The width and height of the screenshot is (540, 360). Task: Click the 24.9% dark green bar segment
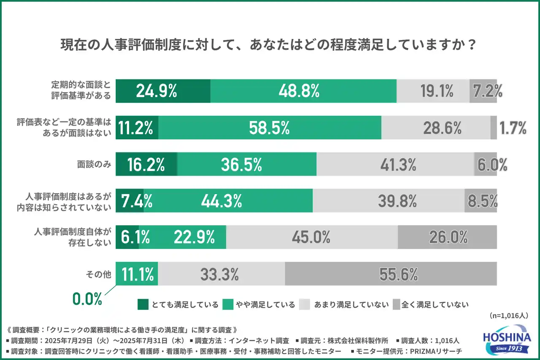163,91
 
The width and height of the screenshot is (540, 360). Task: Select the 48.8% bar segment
303,91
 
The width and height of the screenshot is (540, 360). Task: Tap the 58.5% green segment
270,127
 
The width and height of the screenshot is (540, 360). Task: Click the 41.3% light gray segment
395,164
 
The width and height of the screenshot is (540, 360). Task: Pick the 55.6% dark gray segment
391,273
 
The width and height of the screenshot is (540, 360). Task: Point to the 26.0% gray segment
447,237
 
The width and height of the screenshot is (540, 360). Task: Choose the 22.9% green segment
194,237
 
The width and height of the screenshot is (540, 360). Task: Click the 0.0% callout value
87,299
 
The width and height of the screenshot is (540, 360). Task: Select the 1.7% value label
513,127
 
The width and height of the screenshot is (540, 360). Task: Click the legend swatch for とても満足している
143,304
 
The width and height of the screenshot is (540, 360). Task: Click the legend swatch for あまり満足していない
305,304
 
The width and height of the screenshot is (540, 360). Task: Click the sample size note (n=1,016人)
509,315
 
